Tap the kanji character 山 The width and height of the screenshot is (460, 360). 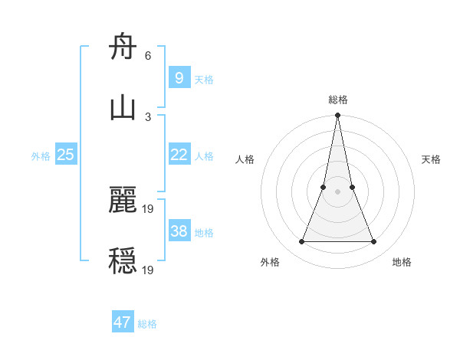pos(123,108)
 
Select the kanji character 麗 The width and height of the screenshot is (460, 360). pos(123,201)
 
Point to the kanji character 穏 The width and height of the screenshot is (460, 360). pos(123,261)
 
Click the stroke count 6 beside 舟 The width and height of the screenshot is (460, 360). pos(148,56)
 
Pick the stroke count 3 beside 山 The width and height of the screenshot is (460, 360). pos(148,116)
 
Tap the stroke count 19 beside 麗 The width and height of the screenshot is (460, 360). pos(149,208)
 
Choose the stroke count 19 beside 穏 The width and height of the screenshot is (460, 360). pos(149,269)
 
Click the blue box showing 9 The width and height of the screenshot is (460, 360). pos(179,77)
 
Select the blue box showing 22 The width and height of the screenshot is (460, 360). pos(179,155)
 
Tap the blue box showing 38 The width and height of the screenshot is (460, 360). pos(179,231)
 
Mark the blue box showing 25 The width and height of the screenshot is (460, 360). pos(66,155)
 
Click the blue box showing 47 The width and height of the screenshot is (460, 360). pos(123,322)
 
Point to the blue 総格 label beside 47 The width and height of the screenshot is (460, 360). pos(147,324)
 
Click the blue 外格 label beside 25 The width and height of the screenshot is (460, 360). pos(41,156)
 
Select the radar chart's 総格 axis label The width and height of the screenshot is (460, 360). pos(337,100)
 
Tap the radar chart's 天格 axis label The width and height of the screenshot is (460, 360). pos(432,159)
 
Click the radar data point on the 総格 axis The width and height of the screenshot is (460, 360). pos(337,116)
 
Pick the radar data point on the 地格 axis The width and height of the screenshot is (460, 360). pos(374,242)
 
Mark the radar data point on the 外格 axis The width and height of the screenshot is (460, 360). pos(301,242)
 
